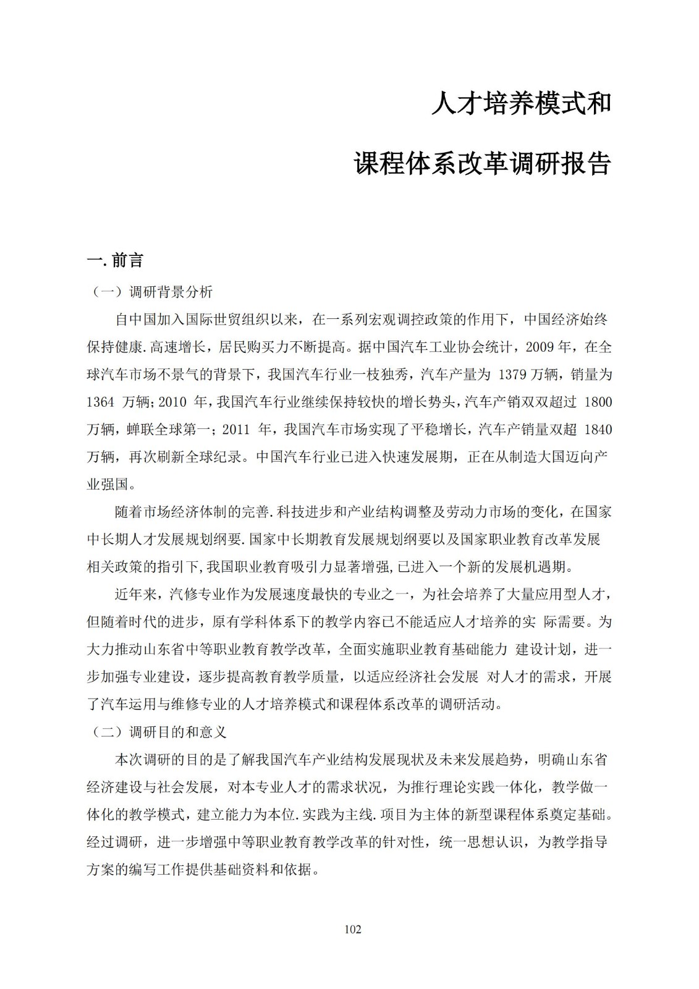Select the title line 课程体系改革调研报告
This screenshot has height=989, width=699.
(483, 164)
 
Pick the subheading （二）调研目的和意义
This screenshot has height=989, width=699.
(159, 732)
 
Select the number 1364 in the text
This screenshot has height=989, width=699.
(100, 402)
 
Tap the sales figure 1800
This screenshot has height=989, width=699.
(598, 402)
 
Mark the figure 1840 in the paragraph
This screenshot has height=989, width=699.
(598, 429)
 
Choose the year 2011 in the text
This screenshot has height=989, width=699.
(235, 429)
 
